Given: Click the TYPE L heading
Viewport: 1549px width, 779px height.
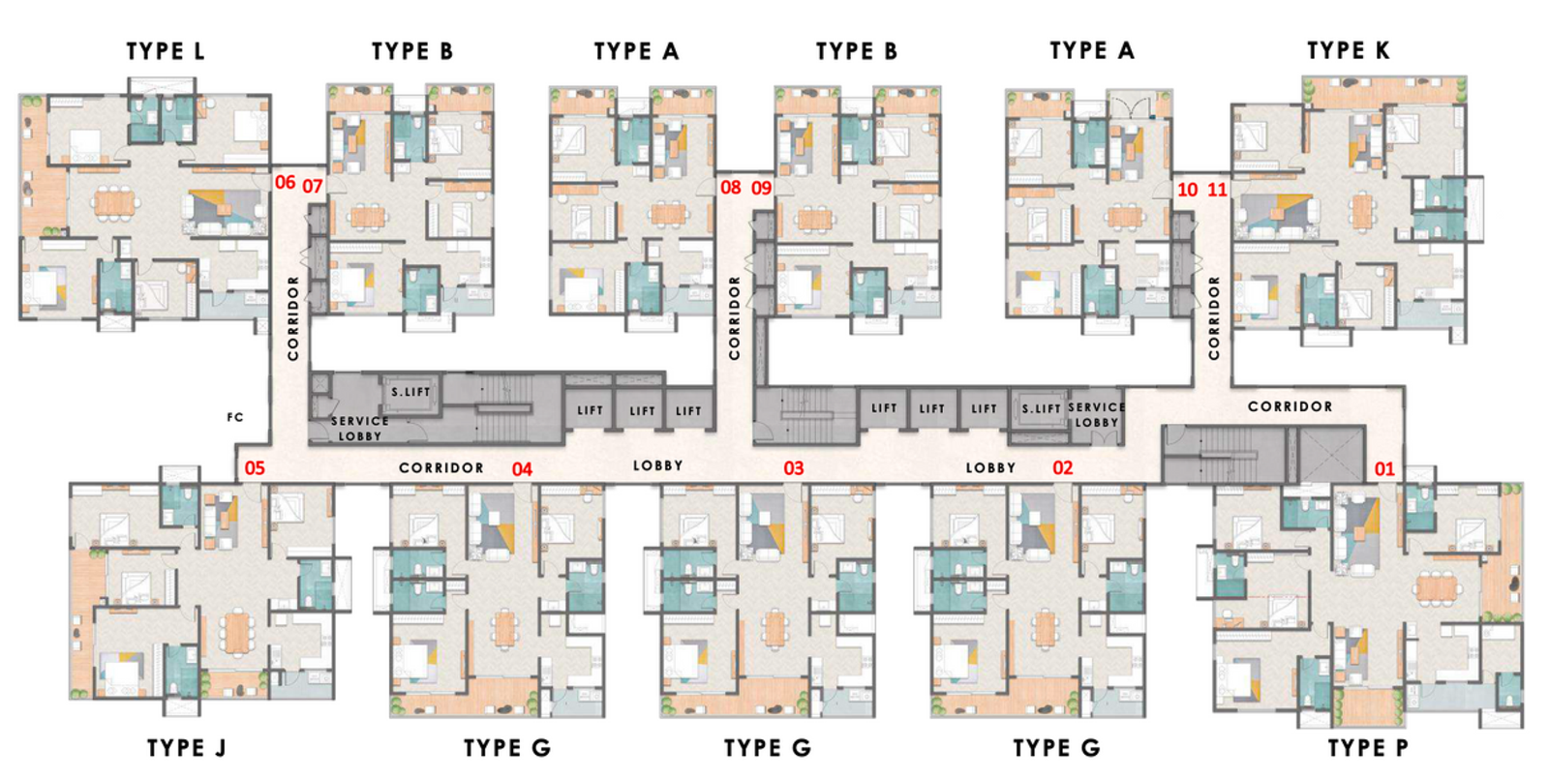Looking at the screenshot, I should click(x=166, y=51).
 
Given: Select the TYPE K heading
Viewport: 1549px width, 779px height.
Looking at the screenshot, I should click(x=1348, y=50).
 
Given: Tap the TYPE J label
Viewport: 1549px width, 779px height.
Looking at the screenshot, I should click(x=186, y=748).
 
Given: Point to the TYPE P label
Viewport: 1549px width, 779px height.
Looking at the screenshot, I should click(x=1368, y=748).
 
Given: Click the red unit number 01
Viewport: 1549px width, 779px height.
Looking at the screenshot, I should click(x=1384, y=469).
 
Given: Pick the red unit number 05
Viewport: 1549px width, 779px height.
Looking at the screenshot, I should click(x=255, y=468).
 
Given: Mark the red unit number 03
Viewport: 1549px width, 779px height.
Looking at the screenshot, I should click(x=794, y=468).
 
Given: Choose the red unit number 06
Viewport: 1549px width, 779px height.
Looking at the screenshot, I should click(x=285, y=183).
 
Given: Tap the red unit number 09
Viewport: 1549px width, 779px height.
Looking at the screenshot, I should click(x=762, y=188).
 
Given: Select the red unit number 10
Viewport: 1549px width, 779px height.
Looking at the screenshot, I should click(x=1188, y=190).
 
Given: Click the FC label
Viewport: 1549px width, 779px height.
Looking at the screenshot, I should click(x=235, y=418).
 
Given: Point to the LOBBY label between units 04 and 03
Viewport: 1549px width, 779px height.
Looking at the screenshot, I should click(x=658, y=465).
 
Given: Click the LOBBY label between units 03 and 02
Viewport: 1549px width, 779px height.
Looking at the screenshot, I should click(x=990, y=467).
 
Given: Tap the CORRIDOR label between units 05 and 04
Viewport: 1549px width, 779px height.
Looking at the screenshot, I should click(x=441, y=467).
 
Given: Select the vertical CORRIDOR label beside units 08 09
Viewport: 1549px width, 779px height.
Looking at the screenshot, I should click(x=734, y=318).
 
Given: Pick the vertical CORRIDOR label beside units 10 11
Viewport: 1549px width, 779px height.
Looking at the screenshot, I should click(x=1214, y=318).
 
